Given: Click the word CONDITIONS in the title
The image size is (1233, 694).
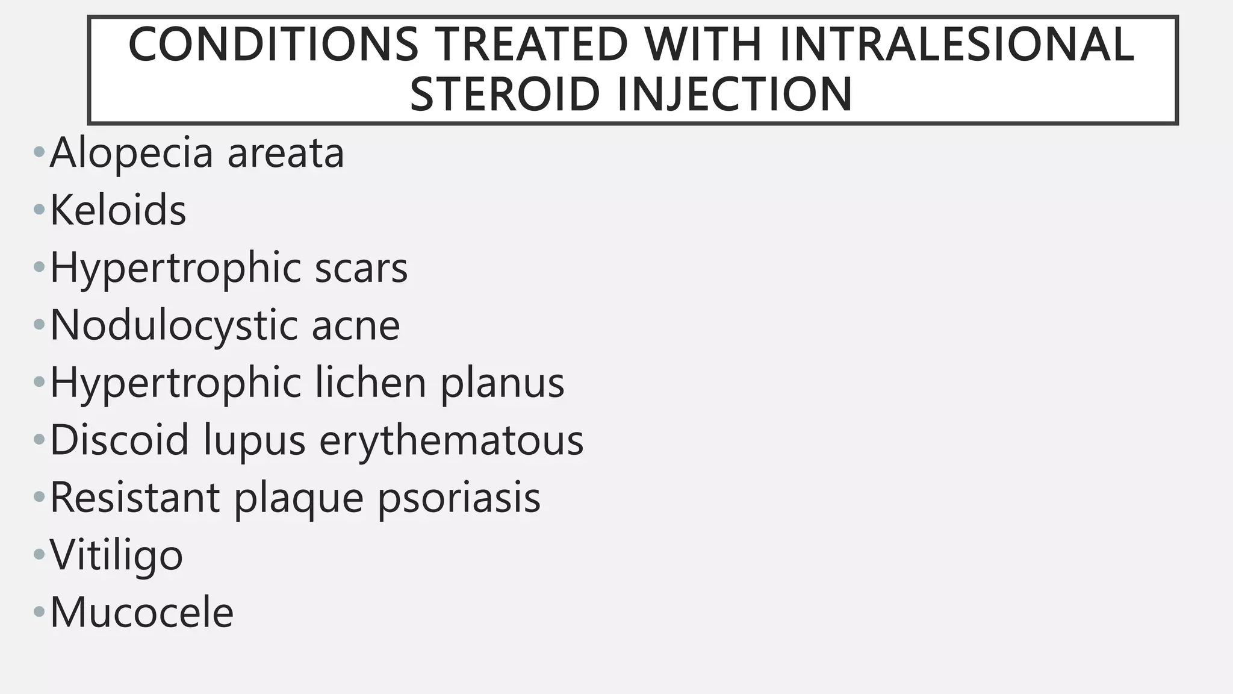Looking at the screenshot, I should click(273, 45).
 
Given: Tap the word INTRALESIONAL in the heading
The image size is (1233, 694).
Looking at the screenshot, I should click(956, 45).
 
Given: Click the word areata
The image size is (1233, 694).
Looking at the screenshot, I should click(285, 153).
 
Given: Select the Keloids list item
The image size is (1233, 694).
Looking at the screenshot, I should click(118, 210).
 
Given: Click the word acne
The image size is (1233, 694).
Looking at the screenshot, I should click(355, 326).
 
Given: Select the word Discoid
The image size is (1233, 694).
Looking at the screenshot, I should click(120, 440).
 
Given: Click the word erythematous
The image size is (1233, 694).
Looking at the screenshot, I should click(452, 440).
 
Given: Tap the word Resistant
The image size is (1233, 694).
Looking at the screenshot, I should click(135, 498).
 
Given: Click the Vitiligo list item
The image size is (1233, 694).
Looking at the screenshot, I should click(116, 555).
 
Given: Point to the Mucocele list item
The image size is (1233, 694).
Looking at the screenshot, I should click(141, 613).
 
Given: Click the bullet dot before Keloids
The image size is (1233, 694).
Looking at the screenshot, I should click(39, 210).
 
